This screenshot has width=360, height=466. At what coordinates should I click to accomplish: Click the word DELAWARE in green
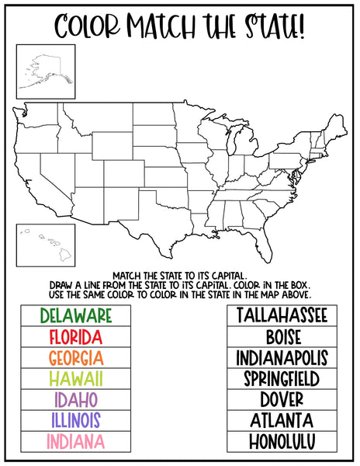point(75,315)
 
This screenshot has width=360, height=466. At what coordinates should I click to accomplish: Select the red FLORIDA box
point(75,337)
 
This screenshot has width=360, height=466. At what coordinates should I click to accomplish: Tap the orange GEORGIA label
point(75,358)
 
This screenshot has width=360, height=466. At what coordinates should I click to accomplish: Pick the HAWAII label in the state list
point(75,379)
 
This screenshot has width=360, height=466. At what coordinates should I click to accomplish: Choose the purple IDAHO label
point(75,400)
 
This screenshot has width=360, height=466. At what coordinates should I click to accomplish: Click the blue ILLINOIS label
point(75,421)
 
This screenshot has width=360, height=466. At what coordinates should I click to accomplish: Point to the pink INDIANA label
point(75,442)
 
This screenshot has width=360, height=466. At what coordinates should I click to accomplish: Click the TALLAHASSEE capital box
point(282,315)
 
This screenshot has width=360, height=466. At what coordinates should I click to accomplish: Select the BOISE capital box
point(282,337)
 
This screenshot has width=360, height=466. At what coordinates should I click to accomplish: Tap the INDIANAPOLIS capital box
point(282,358)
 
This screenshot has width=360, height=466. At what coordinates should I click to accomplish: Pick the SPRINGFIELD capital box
point(282,379)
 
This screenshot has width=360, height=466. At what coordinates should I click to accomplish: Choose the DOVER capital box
point(282,400)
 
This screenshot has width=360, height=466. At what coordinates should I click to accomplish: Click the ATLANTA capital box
point(282,421)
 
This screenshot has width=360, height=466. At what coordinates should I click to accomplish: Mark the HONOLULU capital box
point(282,442)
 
